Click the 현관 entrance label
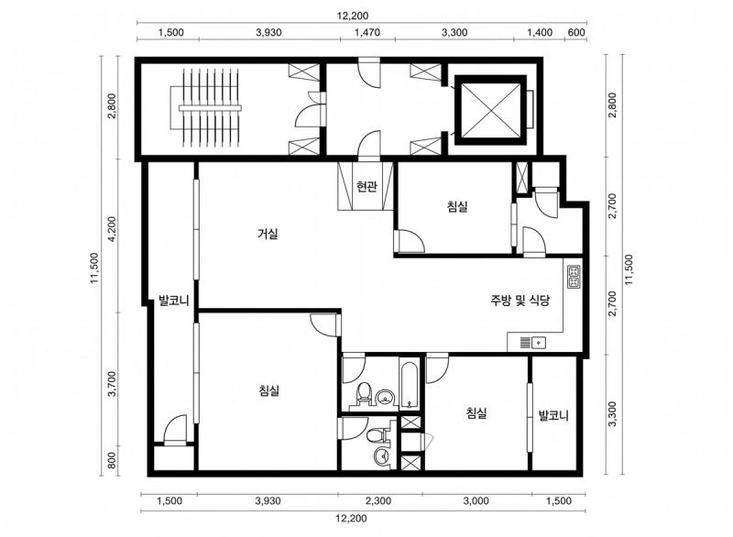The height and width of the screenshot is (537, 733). tap(366, 186)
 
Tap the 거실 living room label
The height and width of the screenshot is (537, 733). tap(268, 233)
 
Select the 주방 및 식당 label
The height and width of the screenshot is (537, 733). tap(520, 301)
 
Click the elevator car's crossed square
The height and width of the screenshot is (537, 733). tap(491, 110)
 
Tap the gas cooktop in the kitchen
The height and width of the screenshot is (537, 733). tap(574, 277)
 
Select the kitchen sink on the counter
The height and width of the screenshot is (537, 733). tap(533, 343)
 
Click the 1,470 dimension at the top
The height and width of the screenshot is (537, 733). tap(367, 33)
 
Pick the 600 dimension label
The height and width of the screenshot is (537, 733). tap(576, 33)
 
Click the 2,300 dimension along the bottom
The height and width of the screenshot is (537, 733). tap(378, 501)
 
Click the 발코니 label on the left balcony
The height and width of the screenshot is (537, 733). tap(173, 300)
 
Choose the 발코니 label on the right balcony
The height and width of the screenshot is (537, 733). tap(553, 415)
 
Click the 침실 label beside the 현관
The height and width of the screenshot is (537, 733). tap(457, 206)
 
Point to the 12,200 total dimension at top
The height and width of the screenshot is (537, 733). tap(353, 16)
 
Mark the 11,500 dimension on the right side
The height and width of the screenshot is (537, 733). tap(628, 269)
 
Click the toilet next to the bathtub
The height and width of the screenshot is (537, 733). tap(364, 393)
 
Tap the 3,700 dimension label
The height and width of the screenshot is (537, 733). tap(112, 384)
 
